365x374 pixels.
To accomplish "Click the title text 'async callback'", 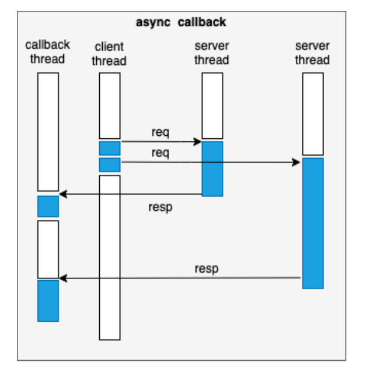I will tap(180, 22).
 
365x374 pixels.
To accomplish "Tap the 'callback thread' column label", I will tap(48, 52).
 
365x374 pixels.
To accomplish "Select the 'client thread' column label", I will tap(109, 54).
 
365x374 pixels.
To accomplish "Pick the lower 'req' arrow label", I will tap(160, 153).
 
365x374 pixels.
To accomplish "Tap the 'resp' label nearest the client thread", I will tap(159, 207).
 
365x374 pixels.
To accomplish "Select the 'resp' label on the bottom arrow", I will tap(206, 268).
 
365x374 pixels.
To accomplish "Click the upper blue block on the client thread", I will tap(109, 148).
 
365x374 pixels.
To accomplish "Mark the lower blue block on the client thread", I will tap(109, 165).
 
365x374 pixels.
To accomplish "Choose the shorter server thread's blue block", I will tap(212, 169).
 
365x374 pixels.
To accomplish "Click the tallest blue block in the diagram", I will tap(313, 223).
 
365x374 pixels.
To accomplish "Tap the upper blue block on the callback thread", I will tap(48, 206).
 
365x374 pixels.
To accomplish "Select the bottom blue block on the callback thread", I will tap(48, 300).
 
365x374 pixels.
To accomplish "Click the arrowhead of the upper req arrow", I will tap(197, 142).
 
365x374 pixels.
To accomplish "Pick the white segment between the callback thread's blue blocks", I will tap(48, 249).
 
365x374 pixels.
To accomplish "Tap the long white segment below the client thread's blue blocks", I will tap(109, 257).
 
